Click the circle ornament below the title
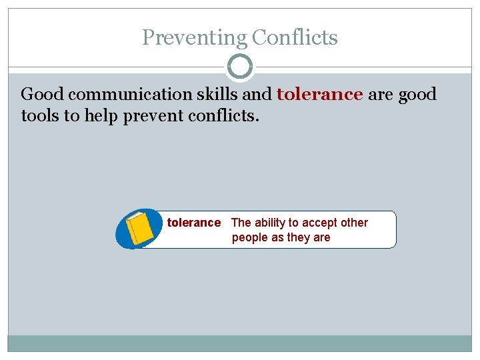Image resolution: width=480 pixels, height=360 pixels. pyautogui.click(x=240, y=67)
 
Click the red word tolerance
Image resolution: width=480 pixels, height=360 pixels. pyautogui.click(x=319, y=94)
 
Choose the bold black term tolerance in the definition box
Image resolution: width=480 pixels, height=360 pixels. pyautogui.click(x=193, y=223)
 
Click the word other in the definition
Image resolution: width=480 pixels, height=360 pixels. pyautogui.click(x=355, y=223)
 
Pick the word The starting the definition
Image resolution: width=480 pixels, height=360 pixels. pyautogui.click(x=241, y=223)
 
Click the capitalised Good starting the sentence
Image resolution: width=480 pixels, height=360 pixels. pyautogui.click(x=42, y=94)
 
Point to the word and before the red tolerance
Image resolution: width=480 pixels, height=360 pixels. pyautogui.click(x=261, y=94)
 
